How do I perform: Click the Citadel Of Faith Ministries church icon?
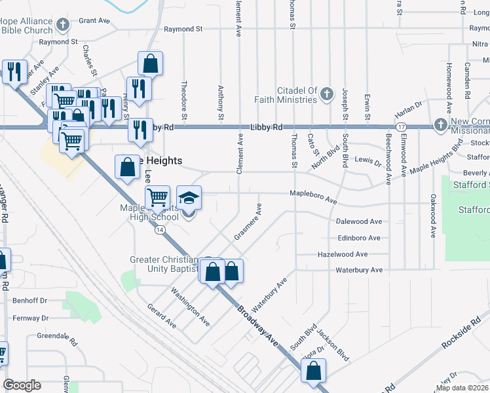(x=326, y=94)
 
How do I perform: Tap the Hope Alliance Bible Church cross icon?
(x=63, y=26)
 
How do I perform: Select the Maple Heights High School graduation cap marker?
(x=189, y=198)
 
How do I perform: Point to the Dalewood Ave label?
(x=358, y=222)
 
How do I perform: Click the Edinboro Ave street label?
(x=358, y=238)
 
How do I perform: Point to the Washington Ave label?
(x=191, y=307)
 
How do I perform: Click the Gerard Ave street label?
(x=161, y=316)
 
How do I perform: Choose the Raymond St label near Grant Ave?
(x=183, y=29)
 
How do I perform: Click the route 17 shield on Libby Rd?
(x=402, y=126)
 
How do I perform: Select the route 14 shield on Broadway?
(x=160, y=229)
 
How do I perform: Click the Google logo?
(x=22, y=385)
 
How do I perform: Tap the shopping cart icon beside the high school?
(x=157, y=197)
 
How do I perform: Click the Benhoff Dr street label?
(x=30, y=301)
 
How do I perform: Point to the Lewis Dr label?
(x=367, y=160)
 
